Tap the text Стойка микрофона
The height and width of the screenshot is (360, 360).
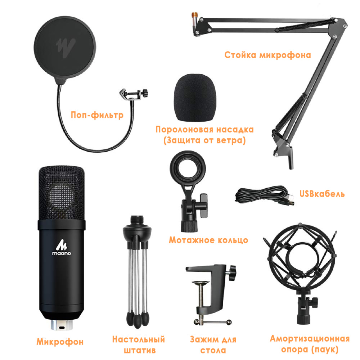(x=267, y=55)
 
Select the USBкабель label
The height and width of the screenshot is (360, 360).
(x=322, y=194)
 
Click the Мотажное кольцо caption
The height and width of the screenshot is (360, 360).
(x=208, y=240)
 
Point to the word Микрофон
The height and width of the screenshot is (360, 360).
(x=60, y=341)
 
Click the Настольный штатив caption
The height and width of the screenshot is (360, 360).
(x=138, y=345)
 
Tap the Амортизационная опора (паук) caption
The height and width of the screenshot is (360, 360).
(x=310, y=344)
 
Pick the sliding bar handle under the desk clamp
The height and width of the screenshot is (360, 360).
(x=212, y=321)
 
